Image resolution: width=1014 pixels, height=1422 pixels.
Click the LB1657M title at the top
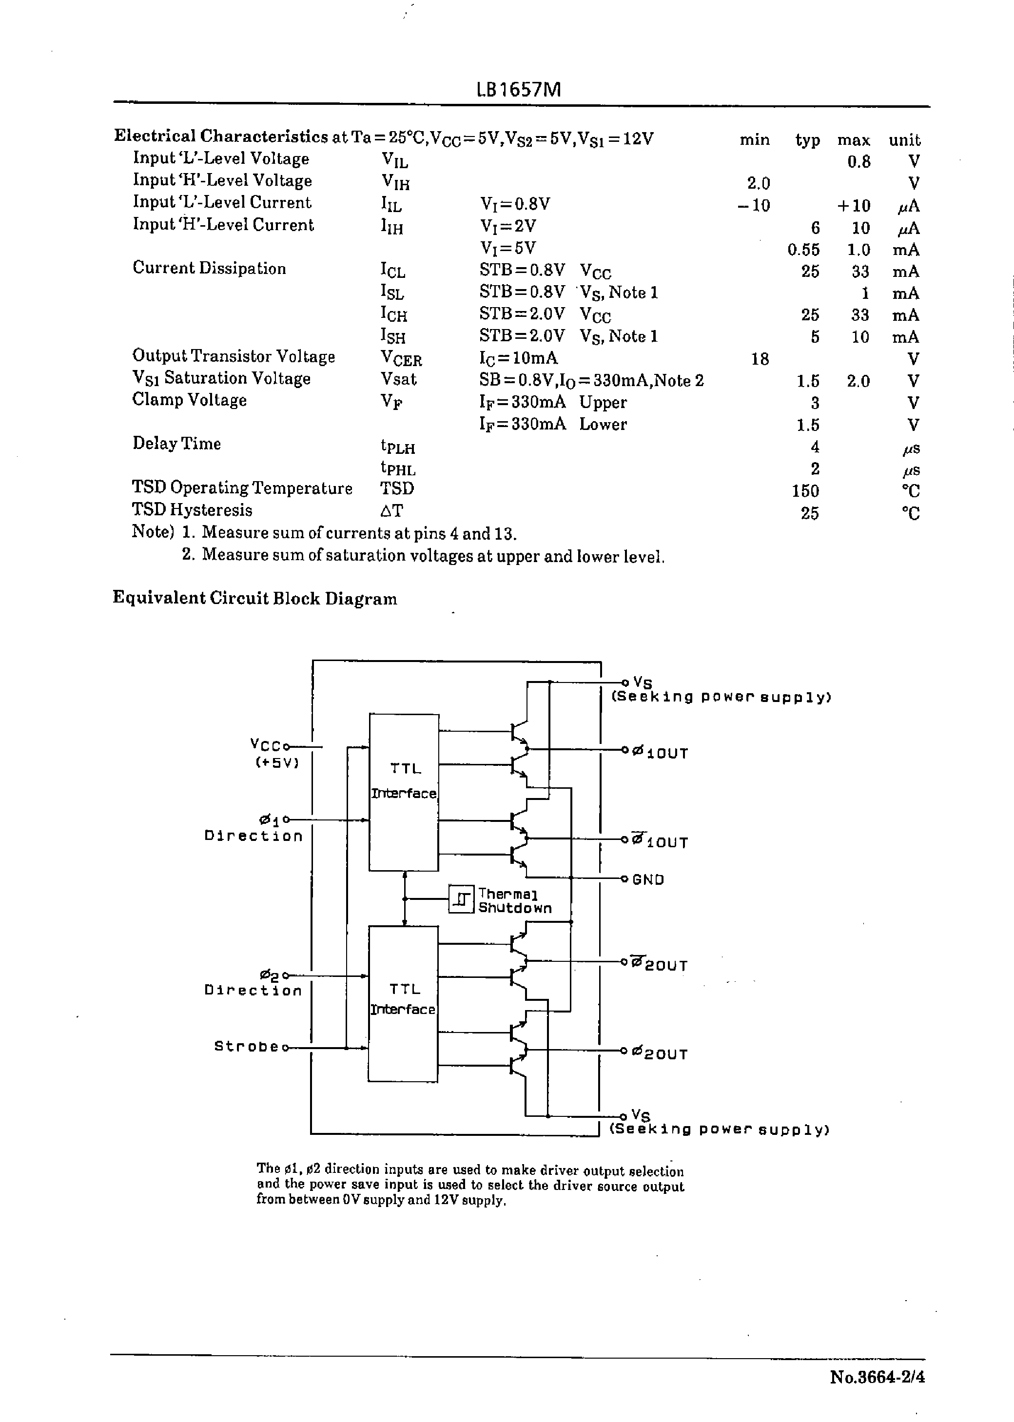pyautogui.click(x=518, y=90)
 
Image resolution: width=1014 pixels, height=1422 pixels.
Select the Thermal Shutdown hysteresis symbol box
pyautogui.click(x=462, y=899)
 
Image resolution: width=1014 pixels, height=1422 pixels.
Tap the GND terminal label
pyautogui.click(x=648, y=879)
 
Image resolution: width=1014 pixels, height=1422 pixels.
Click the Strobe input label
pyautogui.click(x=246, y=1046)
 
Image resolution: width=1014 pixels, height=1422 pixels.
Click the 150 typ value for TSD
pyautogui.click(x=805, y=490)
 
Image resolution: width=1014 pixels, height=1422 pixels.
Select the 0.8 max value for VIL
pyautogui.click(x=859, y=162)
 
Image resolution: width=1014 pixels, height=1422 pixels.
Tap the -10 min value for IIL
pyautogui.click(x=754, y=205)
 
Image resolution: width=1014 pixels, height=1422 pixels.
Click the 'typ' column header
pyautogui.click(x=807, y=140)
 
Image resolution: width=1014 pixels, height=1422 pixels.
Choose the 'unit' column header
pyautogui.click(x=905, y=140)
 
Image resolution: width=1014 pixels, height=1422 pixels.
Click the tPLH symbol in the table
pyautogui.click(x=398, y=447)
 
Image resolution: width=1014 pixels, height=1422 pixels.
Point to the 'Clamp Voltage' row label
pyautogui.click(x=190, y=400)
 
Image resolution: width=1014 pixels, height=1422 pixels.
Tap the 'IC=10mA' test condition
pyautogui.click(x=518, y=358)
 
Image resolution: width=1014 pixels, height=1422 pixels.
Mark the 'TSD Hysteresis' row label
pyautogui.click(x=192, y=510)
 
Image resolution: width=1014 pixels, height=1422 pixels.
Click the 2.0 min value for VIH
pyautogui.click(x=759, y=183)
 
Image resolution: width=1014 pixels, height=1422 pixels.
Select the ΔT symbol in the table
pyautogui.click(x=391, y=510)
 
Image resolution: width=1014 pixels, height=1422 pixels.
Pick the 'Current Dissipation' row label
pyautogui.click(x=209, y=269)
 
